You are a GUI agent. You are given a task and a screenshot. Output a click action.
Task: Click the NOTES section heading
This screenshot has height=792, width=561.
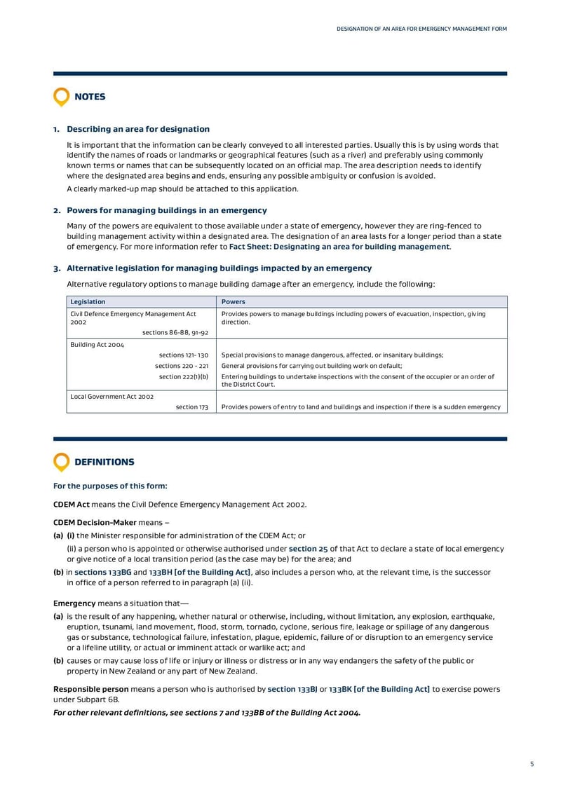click(x=90, y=97)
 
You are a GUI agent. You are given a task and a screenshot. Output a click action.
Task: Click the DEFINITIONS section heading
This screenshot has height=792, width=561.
click(x=104, y=462)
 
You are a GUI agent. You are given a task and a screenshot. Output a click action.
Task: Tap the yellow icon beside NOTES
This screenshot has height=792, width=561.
click(x=62, y=97)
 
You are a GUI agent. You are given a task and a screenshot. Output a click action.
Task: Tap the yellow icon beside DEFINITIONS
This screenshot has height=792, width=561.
click(x=62, y=462)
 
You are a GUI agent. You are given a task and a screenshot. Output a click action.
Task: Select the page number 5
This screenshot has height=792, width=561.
click(x=532, y=764)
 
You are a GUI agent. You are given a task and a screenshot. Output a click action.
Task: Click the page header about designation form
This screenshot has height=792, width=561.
click(x=421, y=29)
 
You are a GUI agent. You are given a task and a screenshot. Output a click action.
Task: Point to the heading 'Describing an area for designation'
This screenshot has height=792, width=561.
click(x=137, y=129)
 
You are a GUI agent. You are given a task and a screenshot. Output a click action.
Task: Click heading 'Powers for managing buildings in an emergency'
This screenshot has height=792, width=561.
click(x=166, y=210)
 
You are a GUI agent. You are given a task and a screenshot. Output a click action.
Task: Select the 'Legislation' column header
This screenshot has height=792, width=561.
click(x=88, y=301)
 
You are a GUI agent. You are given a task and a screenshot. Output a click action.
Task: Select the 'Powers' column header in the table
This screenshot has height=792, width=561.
click(x=233, y=301)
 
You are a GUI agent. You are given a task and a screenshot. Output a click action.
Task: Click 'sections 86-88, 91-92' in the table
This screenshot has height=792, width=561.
click(x=175, y=332)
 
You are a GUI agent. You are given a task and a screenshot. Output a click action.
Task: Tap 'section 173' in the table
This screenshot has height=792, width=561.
click(x=191, y=407)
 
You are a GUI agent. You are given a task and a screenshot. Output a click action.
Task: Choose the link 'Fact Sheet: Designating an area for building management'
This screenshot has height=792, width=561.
click(x=339, y=247)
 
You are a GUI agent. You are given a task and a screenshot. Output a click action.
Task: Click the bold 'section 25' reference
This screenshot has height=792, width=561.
click(x=308, y=549)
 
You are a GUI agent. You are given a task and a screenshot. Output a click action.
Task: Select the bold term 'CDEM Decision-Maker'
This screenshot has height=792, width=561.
click(x=95, y=522)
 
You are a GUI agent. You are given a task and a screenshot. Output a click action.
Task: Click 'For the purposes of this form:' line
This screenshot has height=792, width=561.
click(x=110, y=486)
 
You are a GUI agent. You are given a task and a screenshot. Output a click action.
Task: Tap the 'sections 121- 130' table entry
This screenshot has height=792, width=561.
click(x=183, y=355)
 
